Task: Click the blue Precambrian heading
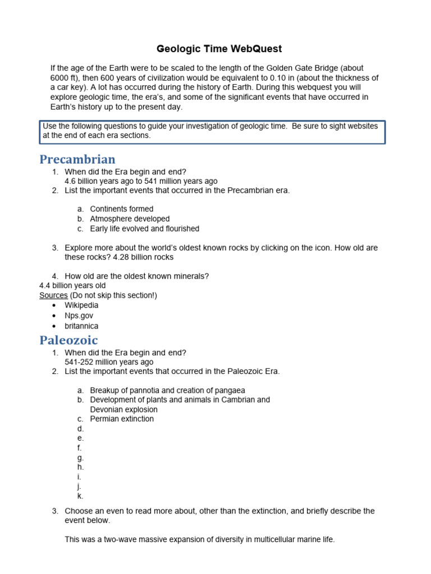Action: pyautogui.click(x=77, y=160)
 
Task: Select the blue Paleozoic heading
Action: pyautogui.click(x=68, y=340)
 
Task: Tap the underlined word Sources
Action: pyautogui.click(x=53, y=295)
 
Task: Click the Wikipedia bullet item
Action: pyautogui.click(x=81, y=305)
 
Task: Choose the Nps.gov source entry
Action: pyautogui.click(x=79, y=316)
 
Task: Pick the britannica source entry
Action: pyautogui.click(x=81, y=326)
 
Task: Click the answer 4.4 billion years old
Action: pyautogui.click(x=72, y=286)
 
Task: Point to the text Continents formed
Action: pyautogui.click(x=122, y=209)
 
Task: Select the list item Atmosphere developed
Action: pyautogui.click(x=130, y=219)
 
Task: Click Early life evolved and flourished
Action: pyautogui.click(x=144, y=229)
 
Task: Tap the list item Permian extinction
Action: pyautogui.click(x=122, y=419)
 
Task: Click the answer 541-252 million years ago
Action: pyautogui.click(x=109, y=363)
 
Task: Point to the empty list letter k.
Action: pyautogui.click(x=80, y=496)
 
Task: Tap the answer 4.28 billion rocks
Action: pyautogui.click(x=143, y=257)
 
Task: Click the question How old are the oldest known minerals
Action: pyautogui.click(x=137, y=276)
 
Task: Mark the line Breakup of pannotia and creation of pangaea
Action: pyautogui.click(x=167, y=390)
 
